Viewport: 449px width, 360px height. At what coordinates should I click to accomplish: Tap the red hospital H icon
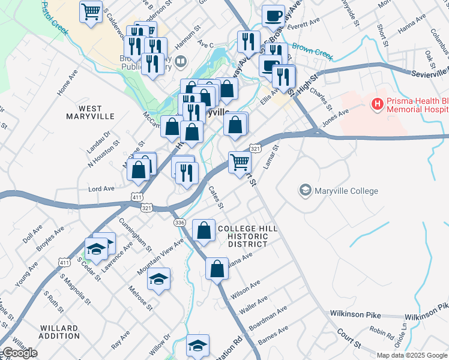378,104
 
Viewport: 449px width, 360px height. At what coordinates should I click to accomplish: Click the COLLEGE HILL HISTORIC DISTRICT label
243,236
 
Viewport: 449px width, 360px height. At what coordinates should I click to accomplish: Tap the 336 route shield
179,223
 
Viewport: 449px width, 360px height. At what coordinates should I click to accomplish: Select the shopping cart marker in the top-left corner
91,11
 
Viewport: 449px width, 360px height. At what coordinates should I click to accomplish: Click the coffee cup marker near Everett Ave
273,16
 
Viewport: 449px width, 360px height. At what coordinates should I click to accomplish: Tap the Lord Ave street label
101,188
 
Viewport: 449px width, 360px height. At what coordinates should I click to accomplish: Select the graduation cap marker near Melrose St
159,279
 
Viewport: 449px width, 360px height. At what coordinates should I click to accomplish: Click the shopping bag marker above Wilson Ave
217,269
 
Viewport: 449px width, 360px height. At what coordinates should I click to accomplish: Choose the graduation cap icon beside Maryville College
305,191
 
